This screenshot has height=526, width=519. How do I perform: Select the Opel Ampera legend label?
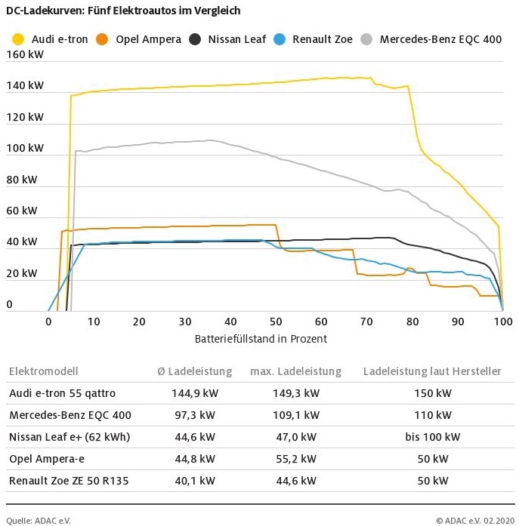[148, 39]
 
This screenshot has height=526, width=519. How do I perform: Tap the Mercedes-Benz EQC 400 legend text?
[440, 39]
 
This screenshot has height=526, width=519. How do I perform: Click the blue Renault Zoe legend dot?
[280, 38]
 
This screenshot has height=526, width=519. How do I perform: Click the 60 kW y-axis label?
[21, 211]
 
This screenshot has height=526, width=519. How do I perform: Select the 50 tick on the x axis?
[276, 321]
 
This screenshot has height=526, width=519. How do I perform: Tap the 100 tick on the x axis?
[503, 321]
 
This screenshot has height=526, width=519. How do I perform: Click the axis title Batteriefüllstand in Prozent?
[261, 339]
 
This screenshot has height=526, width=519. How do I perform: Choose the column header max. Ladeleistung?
[295, 371]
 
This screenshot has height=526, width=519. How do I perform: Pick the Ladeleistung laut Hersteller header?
[432, 371]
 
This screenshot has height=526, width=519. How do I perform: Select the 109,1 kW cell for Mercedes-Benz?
[295, 415]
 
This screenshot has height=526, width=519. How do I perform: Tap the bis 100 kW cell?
[433, 437]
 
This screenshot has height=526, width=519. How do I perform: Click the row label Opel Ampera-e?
[45, 459]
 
